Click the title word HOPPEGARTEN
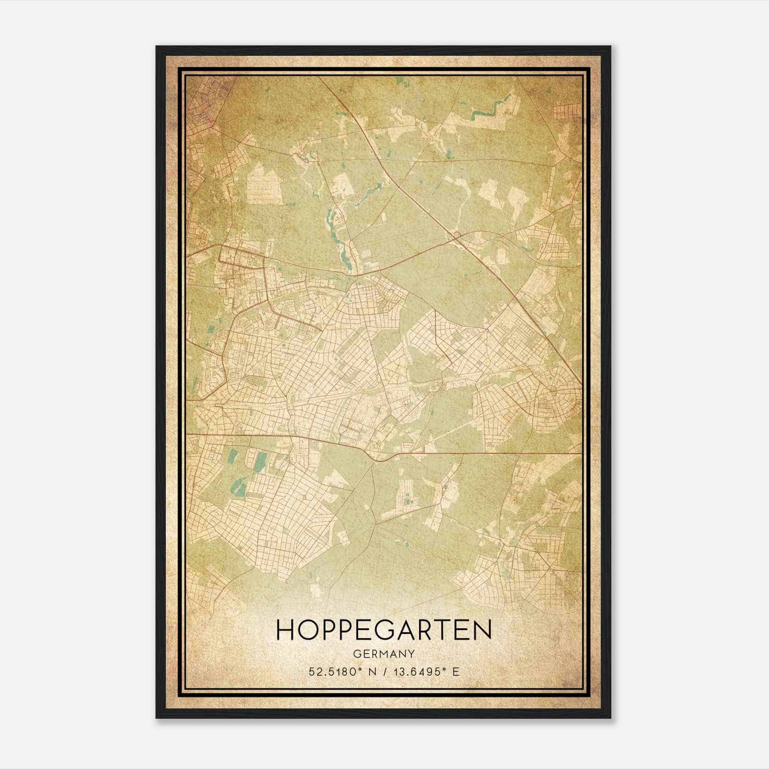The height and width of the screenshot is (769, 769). point(384,630)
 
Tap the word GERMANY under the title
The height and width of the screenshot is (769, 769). point(384,654)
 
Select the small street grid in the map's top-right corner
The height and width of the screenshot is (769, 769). point(567,112)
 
